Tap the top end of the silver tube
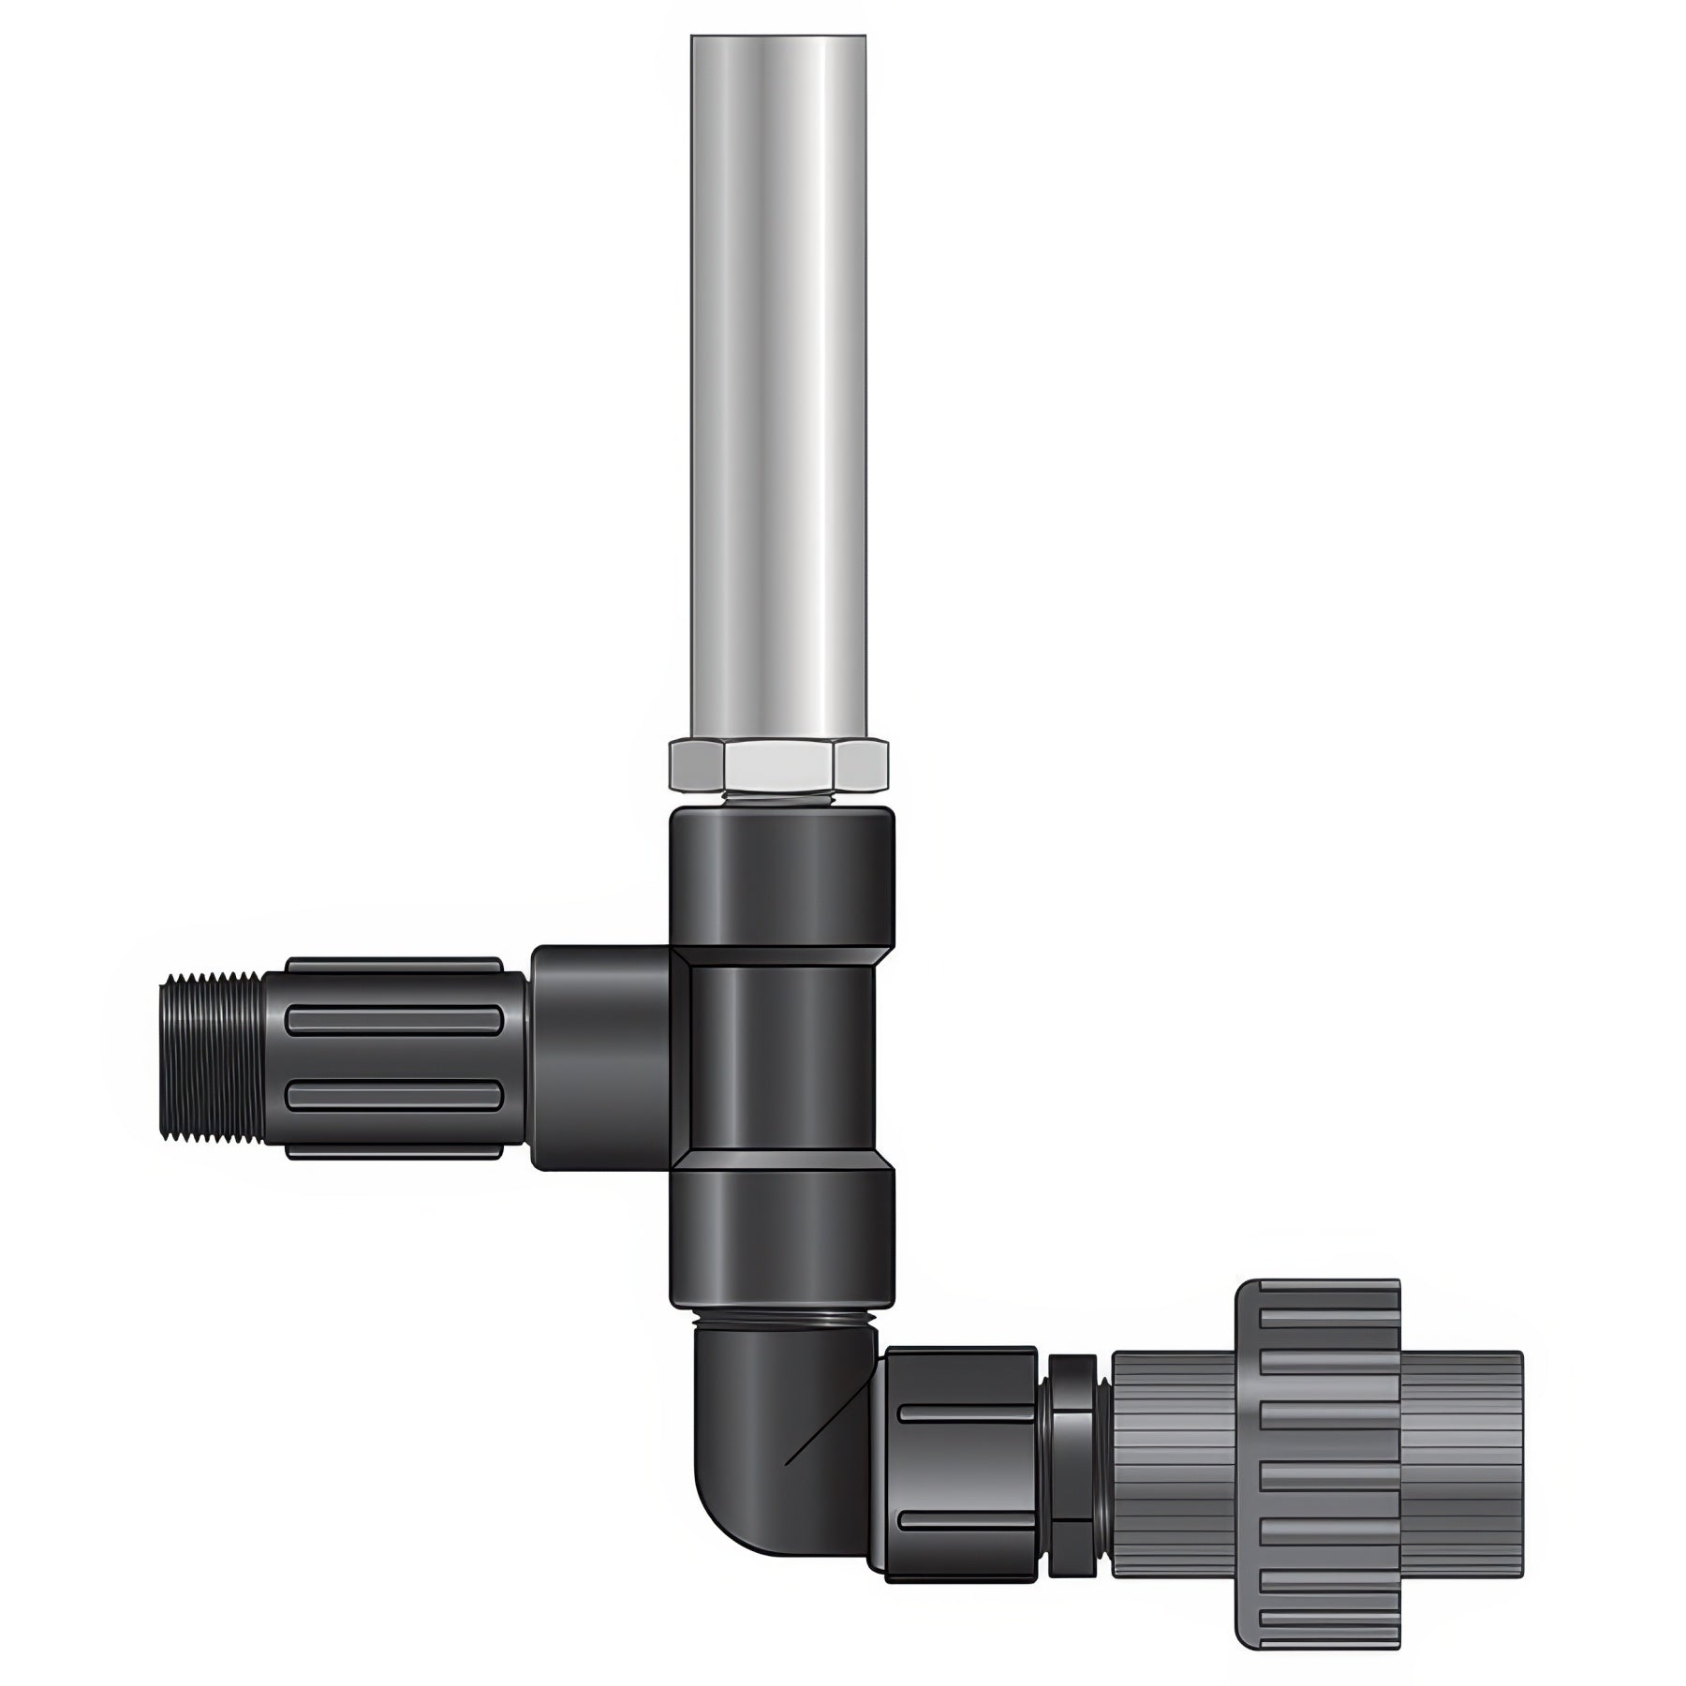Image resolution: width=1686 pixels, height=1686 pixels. point(778,42)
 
